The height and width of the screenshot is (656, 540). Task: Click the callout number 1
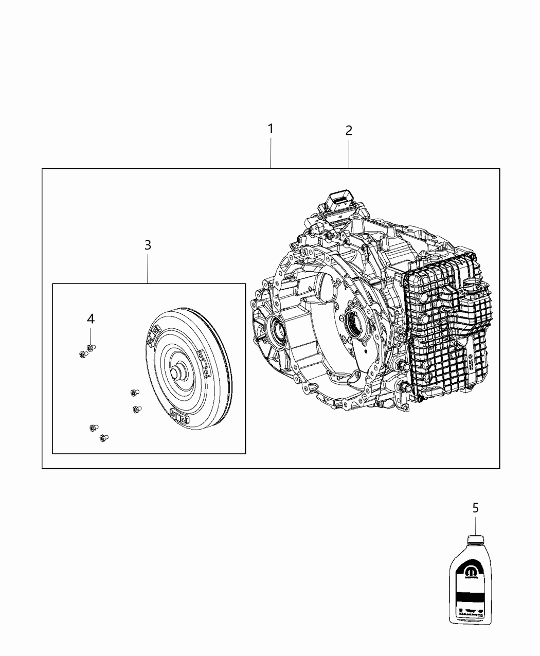[x=271, y=129]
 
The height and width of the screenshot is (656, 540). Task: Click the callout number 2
[x=349, y=131]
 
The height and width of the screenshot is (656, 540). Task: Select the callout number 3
[x=148, y=245]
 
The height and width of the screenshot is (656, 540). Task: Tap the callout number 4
[x=91, y=319]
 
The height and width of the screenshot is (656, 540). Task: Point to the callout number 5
[x=475, y=508]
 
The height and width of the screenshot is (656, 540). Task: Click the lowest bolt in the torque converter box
[x=103, y=438]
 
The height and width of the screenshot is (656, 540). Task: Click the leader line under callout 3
[x=148, y=268]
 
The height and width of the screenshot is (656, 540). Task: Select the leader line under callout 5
[x=475, y=525]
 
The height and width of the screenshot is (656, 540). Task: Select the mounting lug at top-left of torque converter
[x=153, y=334]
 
